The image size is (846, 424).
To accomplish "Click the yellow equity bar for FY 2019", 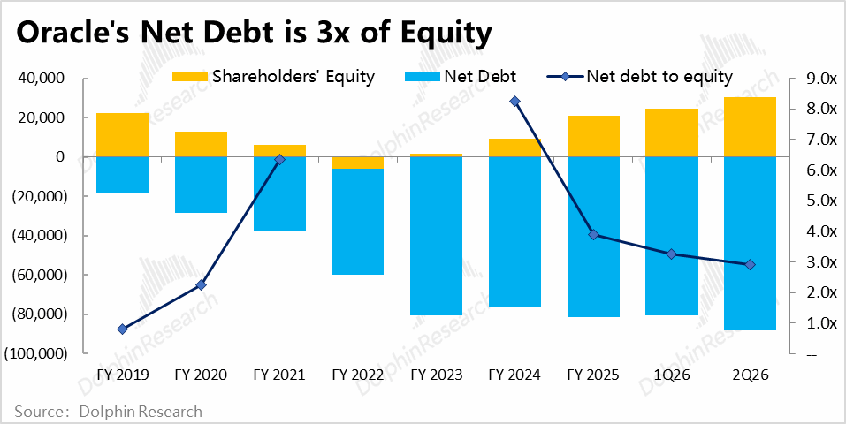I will [x=122, y=134].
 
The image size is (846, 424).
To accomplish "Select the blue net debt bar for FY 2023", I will [x=436, y=236].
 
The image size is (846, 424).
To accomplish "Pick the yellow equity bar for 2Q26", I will [x=751, y=126].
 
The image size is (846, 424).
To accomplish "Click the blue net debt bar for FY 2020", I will [x=201, y=185].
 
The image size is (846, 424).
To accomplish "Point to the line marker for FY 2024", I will [x=514, y=102].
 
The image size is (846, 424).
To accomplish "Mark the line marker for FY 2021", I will [x=279, y=160].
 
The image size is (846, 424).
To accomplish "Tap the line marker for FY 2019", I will [x=122, y=329].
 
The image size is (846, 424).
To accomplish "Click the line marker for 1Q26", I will [x=672, y=254].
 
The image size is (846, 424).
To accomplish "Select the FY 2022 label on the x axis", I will [x=357, y=375].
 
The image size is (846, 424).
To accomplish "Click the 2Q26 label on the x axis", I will [x=751, y=375].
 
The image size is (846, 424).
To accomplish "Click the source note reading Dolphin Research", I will [x=109, y=412].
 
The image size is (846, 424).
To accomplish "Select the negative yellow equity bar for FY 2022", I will [x=357, y=163].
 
